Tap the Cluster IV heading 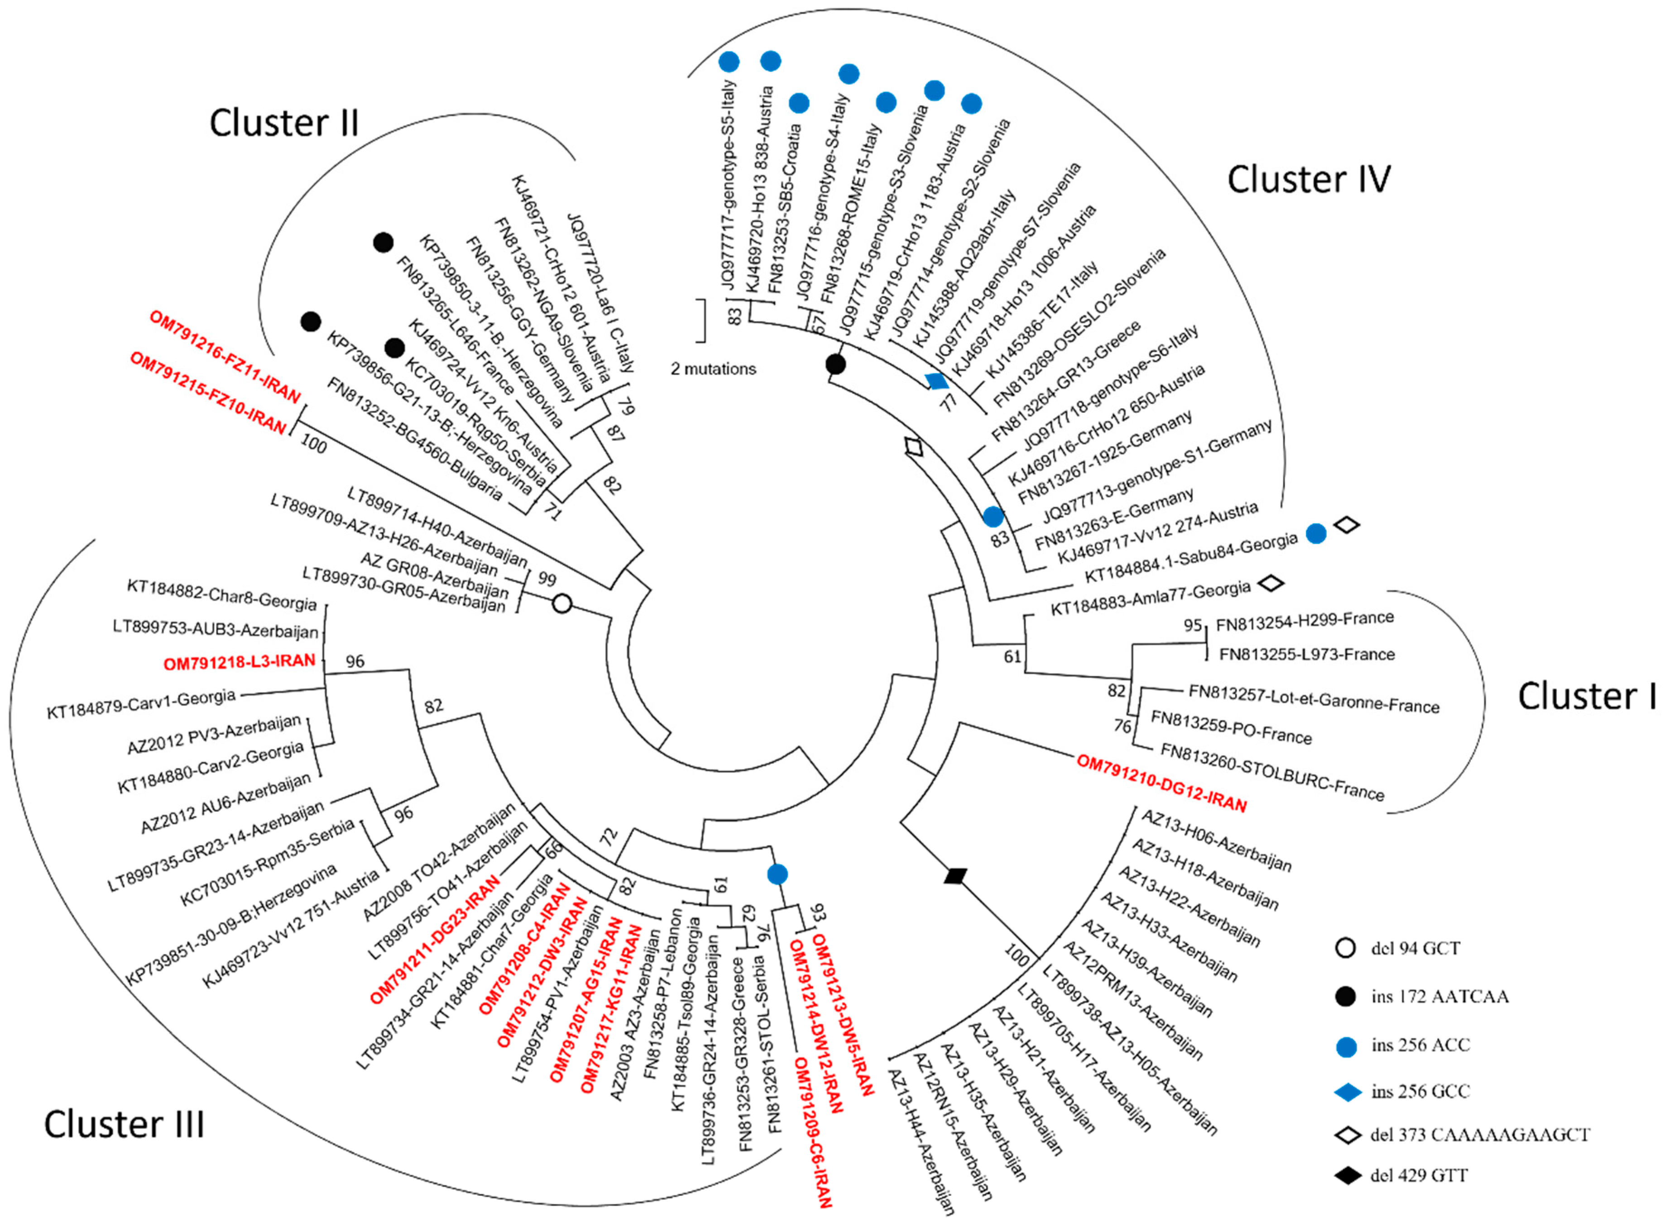coord(1308,180)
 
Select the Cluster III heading coord(124,1124)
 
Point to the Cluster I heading coord(1586,697)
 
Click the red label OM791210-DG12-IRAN coord(1161,783)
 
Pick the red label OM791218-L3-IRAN coord(240,661)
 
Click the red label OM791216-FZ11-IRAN coord(225,356)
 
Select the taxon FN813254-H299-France coord(1305,621)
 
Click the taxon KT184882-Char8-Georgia coord(221,594)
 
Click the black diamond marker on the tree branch coord(955,876)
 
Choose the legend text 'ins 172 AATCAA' coord(1439,996)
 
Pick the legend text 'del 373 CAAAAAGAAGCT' coord(1480,1134)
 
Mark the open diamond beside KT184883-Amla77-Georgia coord(1272,583)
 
